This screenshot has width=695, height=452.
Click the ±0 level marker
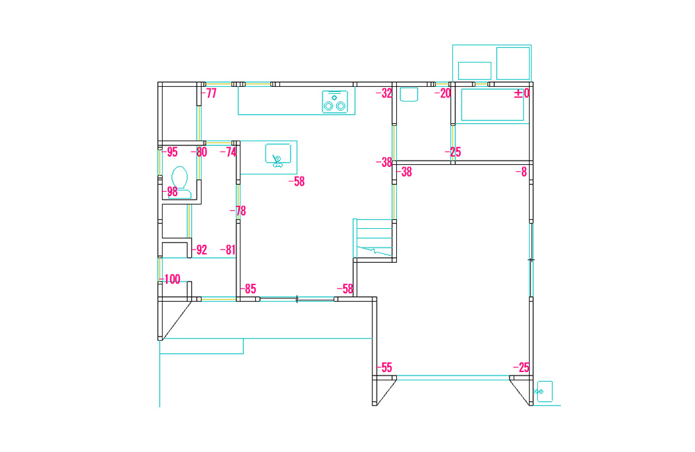522,93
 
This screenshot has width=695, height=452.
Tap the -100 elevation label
171,279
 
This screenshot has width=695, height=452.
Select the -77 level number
208,93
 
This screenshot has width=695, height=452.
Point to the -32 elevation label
384,93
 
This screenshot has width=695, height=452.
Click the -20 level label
442,93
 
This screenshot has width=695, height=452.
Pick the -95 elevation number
170,152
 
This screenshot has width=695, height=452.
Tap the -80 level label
199,152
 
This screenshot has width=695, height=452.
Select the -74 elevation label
229,152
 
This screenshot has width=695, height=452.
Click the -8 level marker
521,172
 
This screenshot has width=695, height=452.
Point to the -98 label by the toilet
170,192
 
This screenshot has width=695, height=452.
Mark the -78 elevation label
238,211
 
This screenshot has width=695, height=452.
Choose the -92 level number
199,250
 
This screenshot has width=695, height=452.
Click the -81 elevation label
228,250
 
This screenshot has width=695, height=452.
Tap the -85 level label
248,289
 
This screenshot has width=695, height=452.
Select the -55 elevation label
384,367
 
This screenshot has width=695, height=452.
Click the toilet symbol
180,182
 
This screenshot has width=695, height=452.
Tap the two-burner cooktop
335,102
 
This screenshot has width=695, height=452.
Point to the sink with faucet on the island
278,155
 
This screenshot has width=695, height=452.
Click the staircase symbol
373,238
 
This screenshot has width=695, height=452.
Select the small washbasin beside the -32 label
409,95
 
